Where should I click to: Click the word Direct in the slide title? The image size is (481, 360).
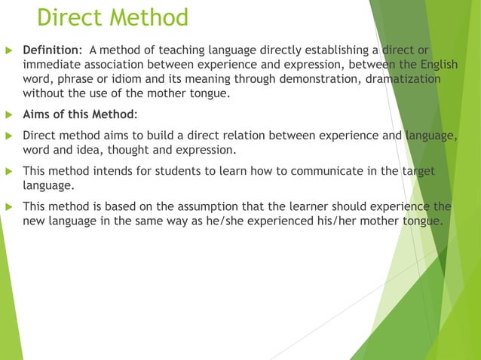pos(72,17)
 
